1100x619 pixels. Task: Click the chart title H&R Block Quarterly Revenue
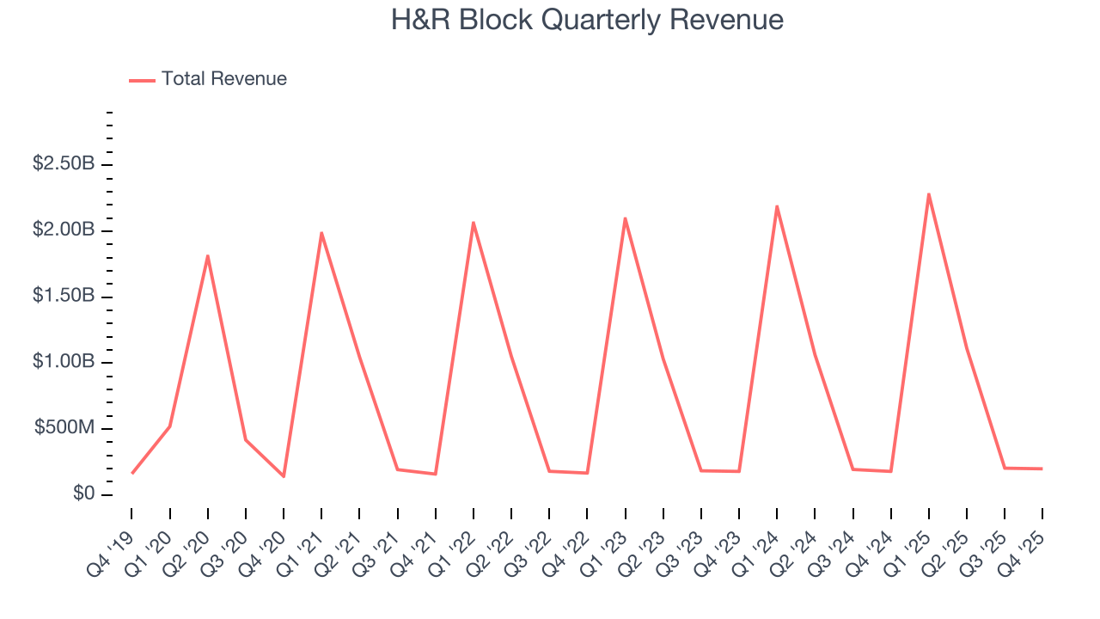coord(587,20)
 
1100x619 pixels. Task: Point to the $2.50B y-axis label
coord(63,163)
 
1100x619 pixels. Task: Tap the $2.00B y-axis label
coord(63,230)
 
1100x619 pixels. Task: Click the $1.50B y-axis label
coord(63,296)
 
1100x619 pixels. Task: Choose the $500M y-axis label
coord(64,428)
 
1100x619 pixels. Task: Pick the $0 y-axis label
coord(82,494)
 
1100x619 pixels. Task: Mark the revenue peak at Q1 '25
coord(929,194)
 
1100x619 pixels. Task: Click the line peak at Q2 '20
coord(208,255)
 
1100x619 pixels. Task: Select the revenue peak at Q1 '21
coord(321,233)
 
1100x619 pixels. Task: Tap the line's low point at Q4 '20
coord(284,476)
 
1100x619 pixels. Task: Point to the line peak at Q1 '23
coord(625,218)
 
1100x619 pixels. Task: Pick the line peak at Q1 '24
coord(777,206)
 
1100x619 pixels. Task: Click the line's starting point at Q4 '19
coord(132,473)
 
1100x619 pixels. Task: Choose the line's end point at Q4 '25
coord(1042,469)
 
